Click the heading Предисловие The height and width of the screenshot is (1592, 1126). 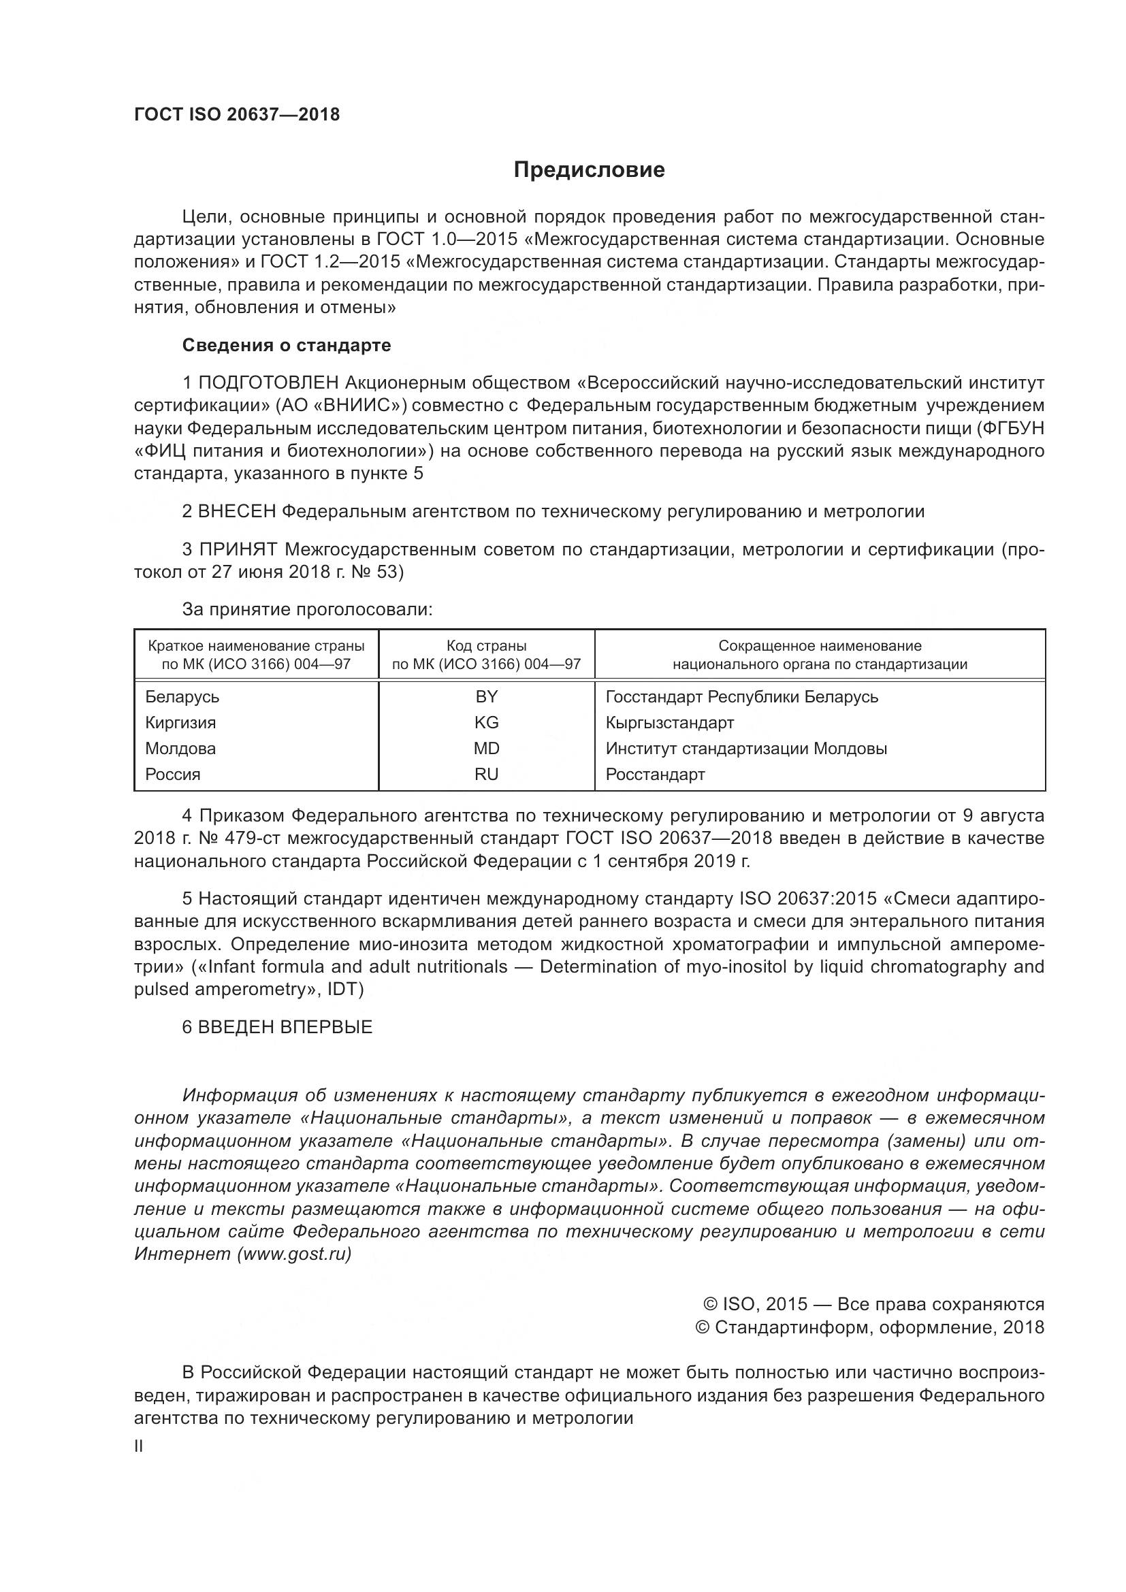(589, 170)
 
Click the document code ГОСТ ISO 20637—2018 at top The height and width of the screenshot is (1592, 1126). (236, 115)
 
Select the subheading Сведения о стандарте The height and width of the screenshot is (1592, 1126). (287, 345)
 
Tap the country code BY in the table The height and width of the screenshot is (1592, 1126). (486, 697)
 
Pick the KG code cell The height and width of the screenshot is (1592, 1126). (486, 723)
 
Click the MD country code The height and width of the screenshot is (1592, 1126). (486, 748)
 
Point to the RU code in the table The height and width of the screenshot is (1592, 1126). (486, 774)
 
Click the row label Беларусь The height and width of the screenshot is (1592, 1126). (182, 697)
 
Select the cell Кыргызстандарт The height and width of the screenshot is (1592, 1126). (669, 723)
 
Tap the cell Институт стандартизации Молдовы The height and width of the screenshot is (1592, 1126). (746, 748)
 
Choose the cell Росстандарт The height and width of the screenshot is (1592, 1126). (654, 774)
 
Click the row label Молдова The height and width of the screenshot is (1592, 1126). (180, 748)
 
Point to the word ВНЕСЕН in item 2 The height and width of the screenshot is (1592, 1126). (237, 512)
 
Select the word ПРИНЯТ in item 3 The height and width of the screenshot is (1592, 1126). (238, 550)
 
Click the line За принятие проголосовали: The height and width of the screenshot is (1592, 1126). (307, 609)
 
